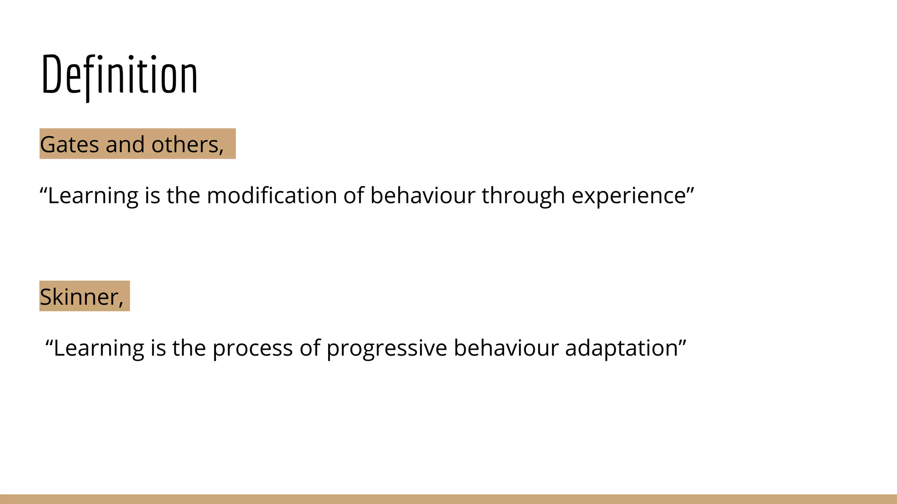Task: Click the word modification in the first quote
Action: pyautogui.click(x=272, y=196)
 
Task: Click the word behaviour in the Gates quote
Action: pyautogui.click(x=422, y=196)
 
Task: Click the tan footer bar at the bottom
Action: pyautogui.click(x=448, y=499)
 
